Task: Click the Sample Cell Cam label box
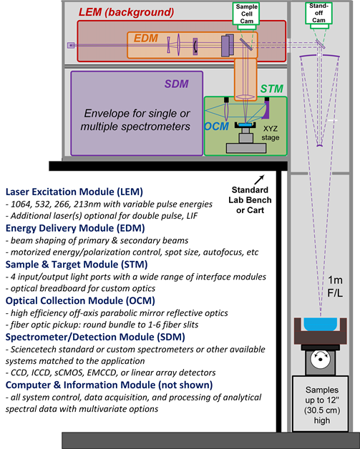tap(246, 14)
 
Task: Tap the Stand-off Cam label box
tap(318, 13)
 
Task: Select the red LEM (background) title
tap(126, 12)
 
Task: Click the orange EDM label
tap(146, 38)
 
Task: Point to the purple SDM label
tap(177, 84)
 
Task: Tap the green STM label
tap(272, 89)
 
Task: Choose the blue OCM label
tap(216, 127)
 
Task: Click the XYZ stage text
tap(271, 133)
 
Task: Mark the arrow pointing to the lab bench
tap(259, 179)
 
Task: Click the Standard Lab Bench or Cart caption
tap(250, 200)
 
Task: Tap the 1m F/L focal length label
tap(335, 287)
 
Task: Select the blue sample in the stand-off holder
tap(320, 324)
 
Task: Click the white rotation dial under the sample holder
tap(320, 359)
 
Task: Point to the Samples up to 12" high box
tap(321, 404)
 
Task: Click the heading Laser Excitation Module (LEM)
tap(74, 192)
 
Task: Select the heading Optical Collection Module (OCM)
tap(80, 301)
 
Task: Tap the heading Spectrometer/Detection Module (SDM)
tap(95, 337)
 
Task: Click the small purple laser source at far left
tap(71, 45)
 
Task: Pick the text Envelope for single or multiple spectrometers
tap(135, 119)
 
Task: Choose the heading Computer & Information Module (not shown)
tap(109, 385)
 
